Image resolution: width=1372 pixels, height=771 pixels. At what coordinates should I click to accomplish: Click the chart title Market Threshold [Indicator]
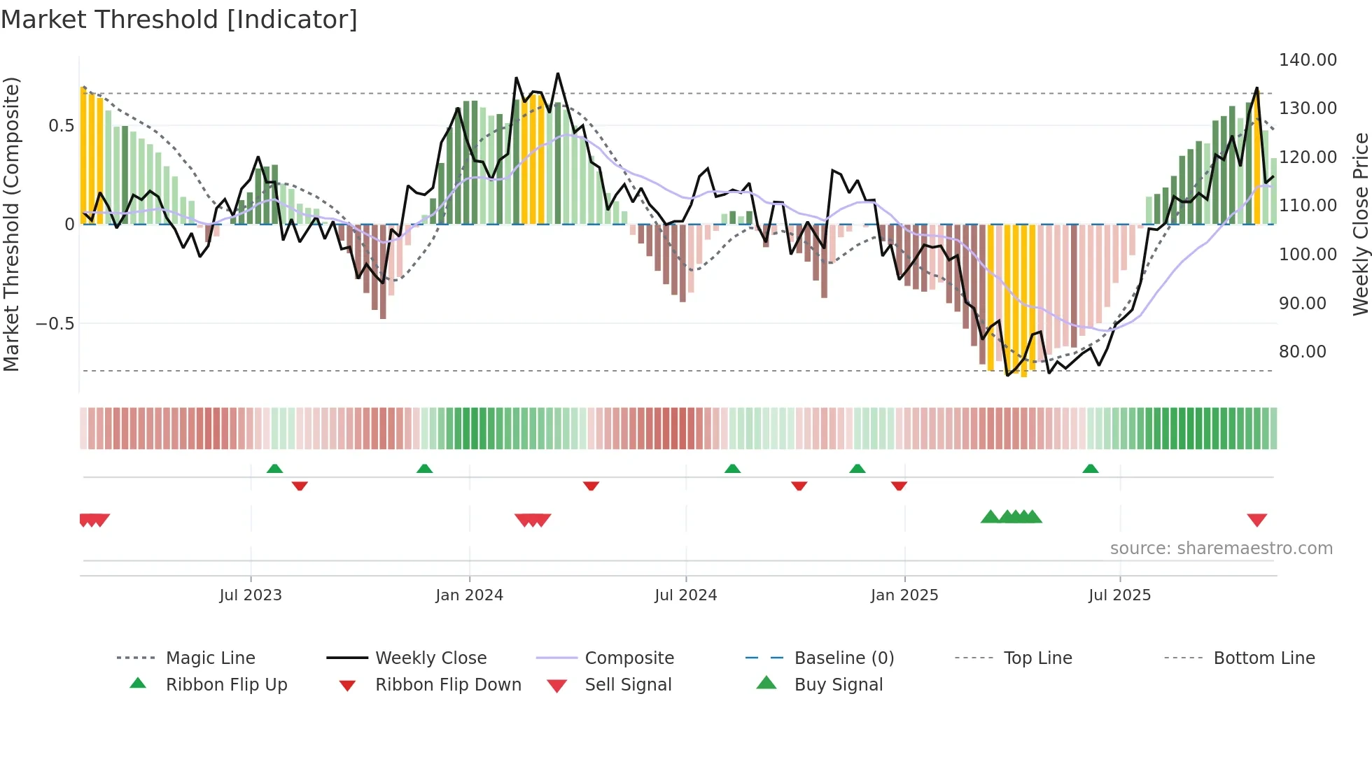pyautogui.click(x=179, y=20)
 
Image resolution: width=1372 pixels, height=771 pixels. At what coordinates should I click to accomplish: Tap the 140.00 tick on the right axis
pyautogui.click(x=1307, y=60)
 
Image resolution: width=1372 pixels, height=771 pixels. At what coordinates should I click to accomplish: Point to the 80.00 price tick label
pyautogui.click(x=1302, y=352)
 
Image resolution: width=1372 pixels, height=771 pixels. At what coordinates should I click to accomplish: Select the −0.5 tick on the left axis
pyautogui.click(x=55, y=324)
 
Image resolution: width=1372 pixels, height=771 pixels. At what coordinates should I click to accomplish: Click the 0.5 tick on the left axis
pyautogui.click(x=61, y=126)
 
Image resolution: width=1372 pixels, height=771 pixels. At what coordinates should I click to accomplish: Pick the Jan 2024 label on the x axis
pyautogui.click(x=469, y=595)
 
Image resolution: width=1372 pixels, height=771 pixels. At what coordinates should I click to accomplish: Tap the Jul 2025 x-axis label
pyautogui.click(x=1119, y=595)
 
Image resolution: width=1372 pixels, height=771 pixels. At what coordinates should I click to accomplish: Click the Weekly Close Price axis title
pyautogui.click(x=1360, y=224)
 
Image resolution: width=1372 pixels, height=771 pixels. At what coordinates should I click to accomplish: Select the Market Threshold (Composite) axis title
pyautogui.click(x=11, y=224)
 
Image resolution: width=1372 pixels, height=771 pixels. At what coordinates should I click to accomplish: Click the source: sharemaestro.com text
pyautogui.click(x=1221, y=549)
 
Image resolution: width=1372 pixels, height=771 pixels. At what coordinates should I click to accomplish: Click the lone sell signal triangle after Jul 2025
pyautogui.click(x=1256, y=520)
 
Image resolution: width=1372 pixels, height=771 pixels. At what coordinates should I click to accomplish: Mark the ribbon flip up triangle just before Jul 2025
pyautogui.click(x=1090, y=469)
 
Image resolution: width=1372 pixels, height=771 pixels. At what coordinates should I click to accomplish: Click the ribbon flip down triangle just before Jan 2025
pyautogui.click(x=899, y=486)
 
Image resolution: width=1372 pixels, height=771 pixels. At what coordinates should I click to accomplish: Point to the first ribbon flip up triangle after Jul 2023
pyautogui.click(x=274, y=469)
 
